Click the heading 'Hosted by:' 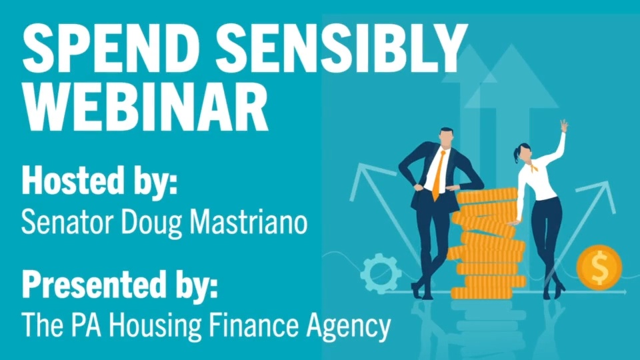click(x=100, y=180)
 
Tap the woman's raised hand click(x=564, y=125)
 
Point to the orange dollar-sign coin click(x=599, y=267)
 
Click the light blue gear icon click(x=381, y=273)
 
